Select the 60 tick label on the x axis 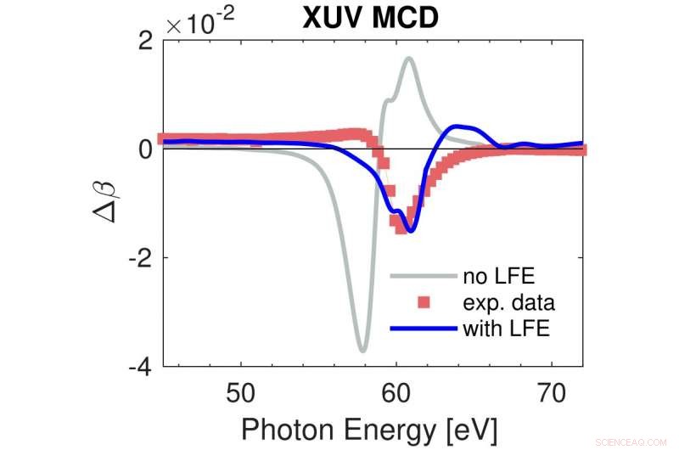point(396,392)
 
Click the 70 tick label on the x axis point(552,392)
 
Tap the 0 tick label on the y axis point(146,149)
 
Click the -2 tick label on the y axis point(140,257)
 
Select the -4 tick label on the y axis point(140,367)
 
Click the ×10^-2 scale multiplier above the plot point(201,25)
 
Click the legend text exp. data point(509,301)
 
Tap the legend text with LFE point(507,328)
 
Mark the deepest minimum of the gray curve point(362,350)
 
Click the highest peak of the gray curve point(409,58)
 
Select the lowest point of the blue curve point(411,230)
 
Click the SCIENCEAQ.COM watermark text point(639,441)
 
